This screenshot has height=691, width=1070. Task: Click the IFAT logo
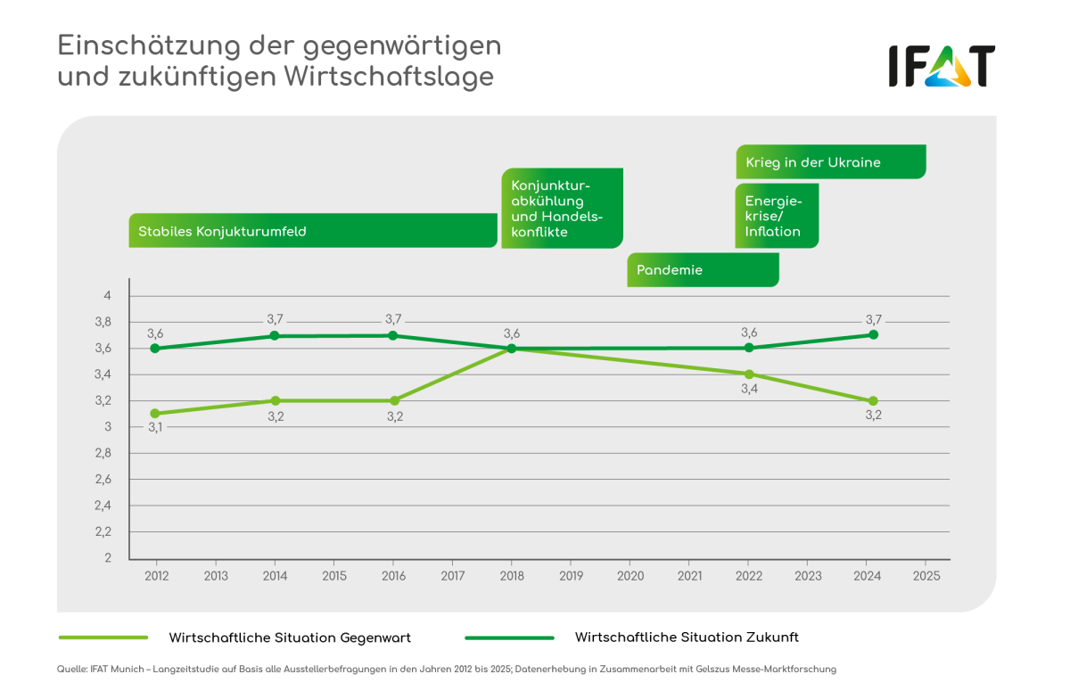tap(941, 66)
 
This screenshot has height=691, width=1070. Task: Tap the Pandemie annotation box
tap(703, 269)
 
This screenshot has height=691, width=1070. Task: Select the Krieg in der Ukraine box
tap(830, 162)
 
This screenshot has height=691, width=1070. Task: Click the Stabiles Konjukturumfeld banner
tap(312, 231)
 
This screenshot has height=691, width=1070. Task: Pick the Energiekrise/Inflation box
tap(776, 216)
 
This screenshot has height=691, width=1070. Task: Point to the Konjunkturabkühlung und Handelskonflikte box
tap(562, 209)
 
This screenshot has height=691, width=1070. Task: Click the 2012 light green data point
tap(156, 414)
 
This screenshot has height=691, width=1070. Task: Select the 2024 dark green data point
tap(873, 334)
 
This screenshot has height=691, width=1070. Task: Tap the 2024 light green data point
tap(873, 400)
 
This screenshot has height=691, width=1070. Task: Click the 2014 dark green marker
tap(275, 335)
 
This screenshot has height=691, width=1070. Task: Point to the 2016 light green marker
tap(394, 400)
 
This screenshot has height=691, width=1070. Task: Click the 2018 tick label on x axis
tap(512, 576)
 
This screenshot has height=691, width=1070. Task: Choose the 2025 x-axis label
tap(926, 576)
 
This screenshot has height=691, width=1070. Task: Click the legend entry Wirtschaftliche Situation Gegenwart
tap(290, 638)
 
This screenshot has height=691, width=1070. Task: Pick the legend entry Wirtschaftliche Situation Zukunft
tap(686, 638)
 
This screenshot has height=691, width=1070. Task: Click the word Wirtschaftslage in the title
tap(389, 77)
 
